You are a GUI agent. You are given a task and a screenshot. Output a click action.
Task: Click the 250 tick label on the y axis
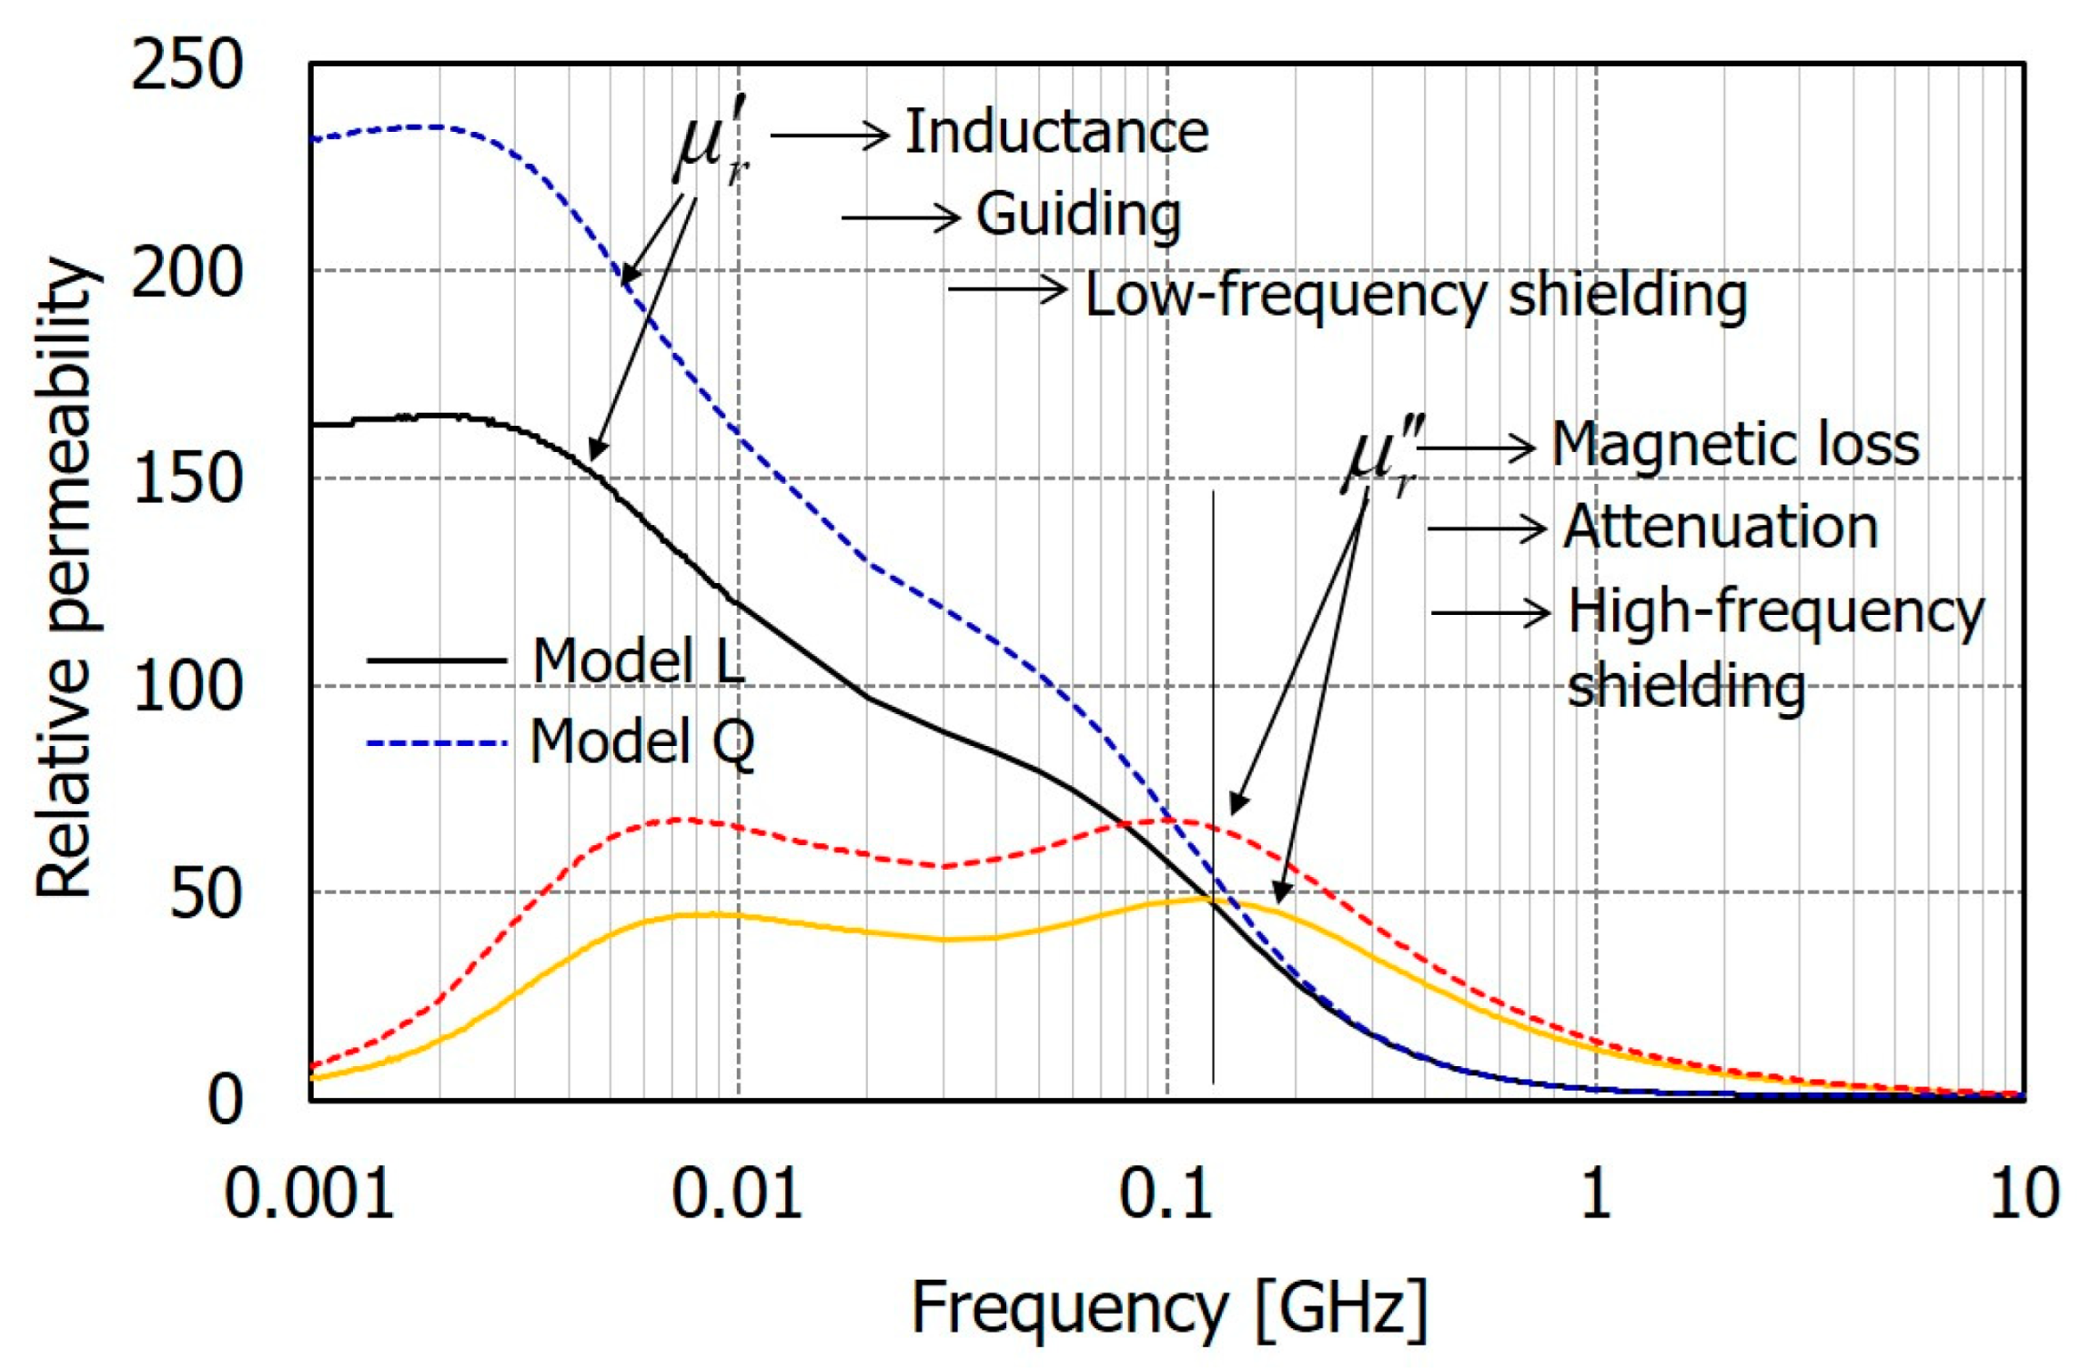(x=187, y=65)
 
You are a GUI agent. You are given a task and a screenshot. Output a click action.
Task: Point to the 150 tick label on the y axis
(x=187, y=478)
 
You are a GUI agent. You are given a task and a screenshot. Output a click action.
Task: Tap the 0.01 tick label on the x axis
(x=737, y=1193)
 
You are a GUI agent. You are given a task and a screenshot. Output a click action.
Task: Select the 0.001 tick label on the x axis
(x=308, y=1193)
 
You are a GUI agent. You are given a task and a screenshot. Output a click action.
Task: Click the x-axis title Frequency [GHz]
(x=1169, y=1309)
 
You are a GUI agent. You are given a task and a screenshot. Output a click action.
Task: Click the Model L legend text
(x=638, y=660)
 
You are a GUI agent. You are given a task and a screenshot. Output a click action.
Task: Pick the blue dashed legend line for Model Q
(x=436, y=743)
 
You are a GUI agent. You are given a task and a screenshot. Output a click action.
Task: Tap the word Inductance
(x=1056, y=133)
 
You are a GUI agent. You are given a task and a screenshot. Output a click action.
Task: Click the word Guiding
(x=1078, y=215)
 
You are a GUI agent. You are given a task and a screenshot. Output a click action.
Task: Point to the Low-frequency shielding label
(x=1416, y=296)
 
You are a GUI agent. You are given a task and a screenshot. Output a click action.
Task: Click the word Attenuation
(x=1721, y=527)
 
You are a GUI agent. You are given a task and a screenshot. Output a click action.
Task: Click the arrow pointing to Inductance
(x=829, y=136)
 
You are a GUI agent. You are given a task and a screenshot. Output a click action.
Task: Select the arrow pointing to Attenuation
(x=1486, y=529)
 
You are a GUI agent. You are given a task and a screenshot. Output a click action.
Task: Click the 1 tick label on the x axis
(x=1595, y=1193)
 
